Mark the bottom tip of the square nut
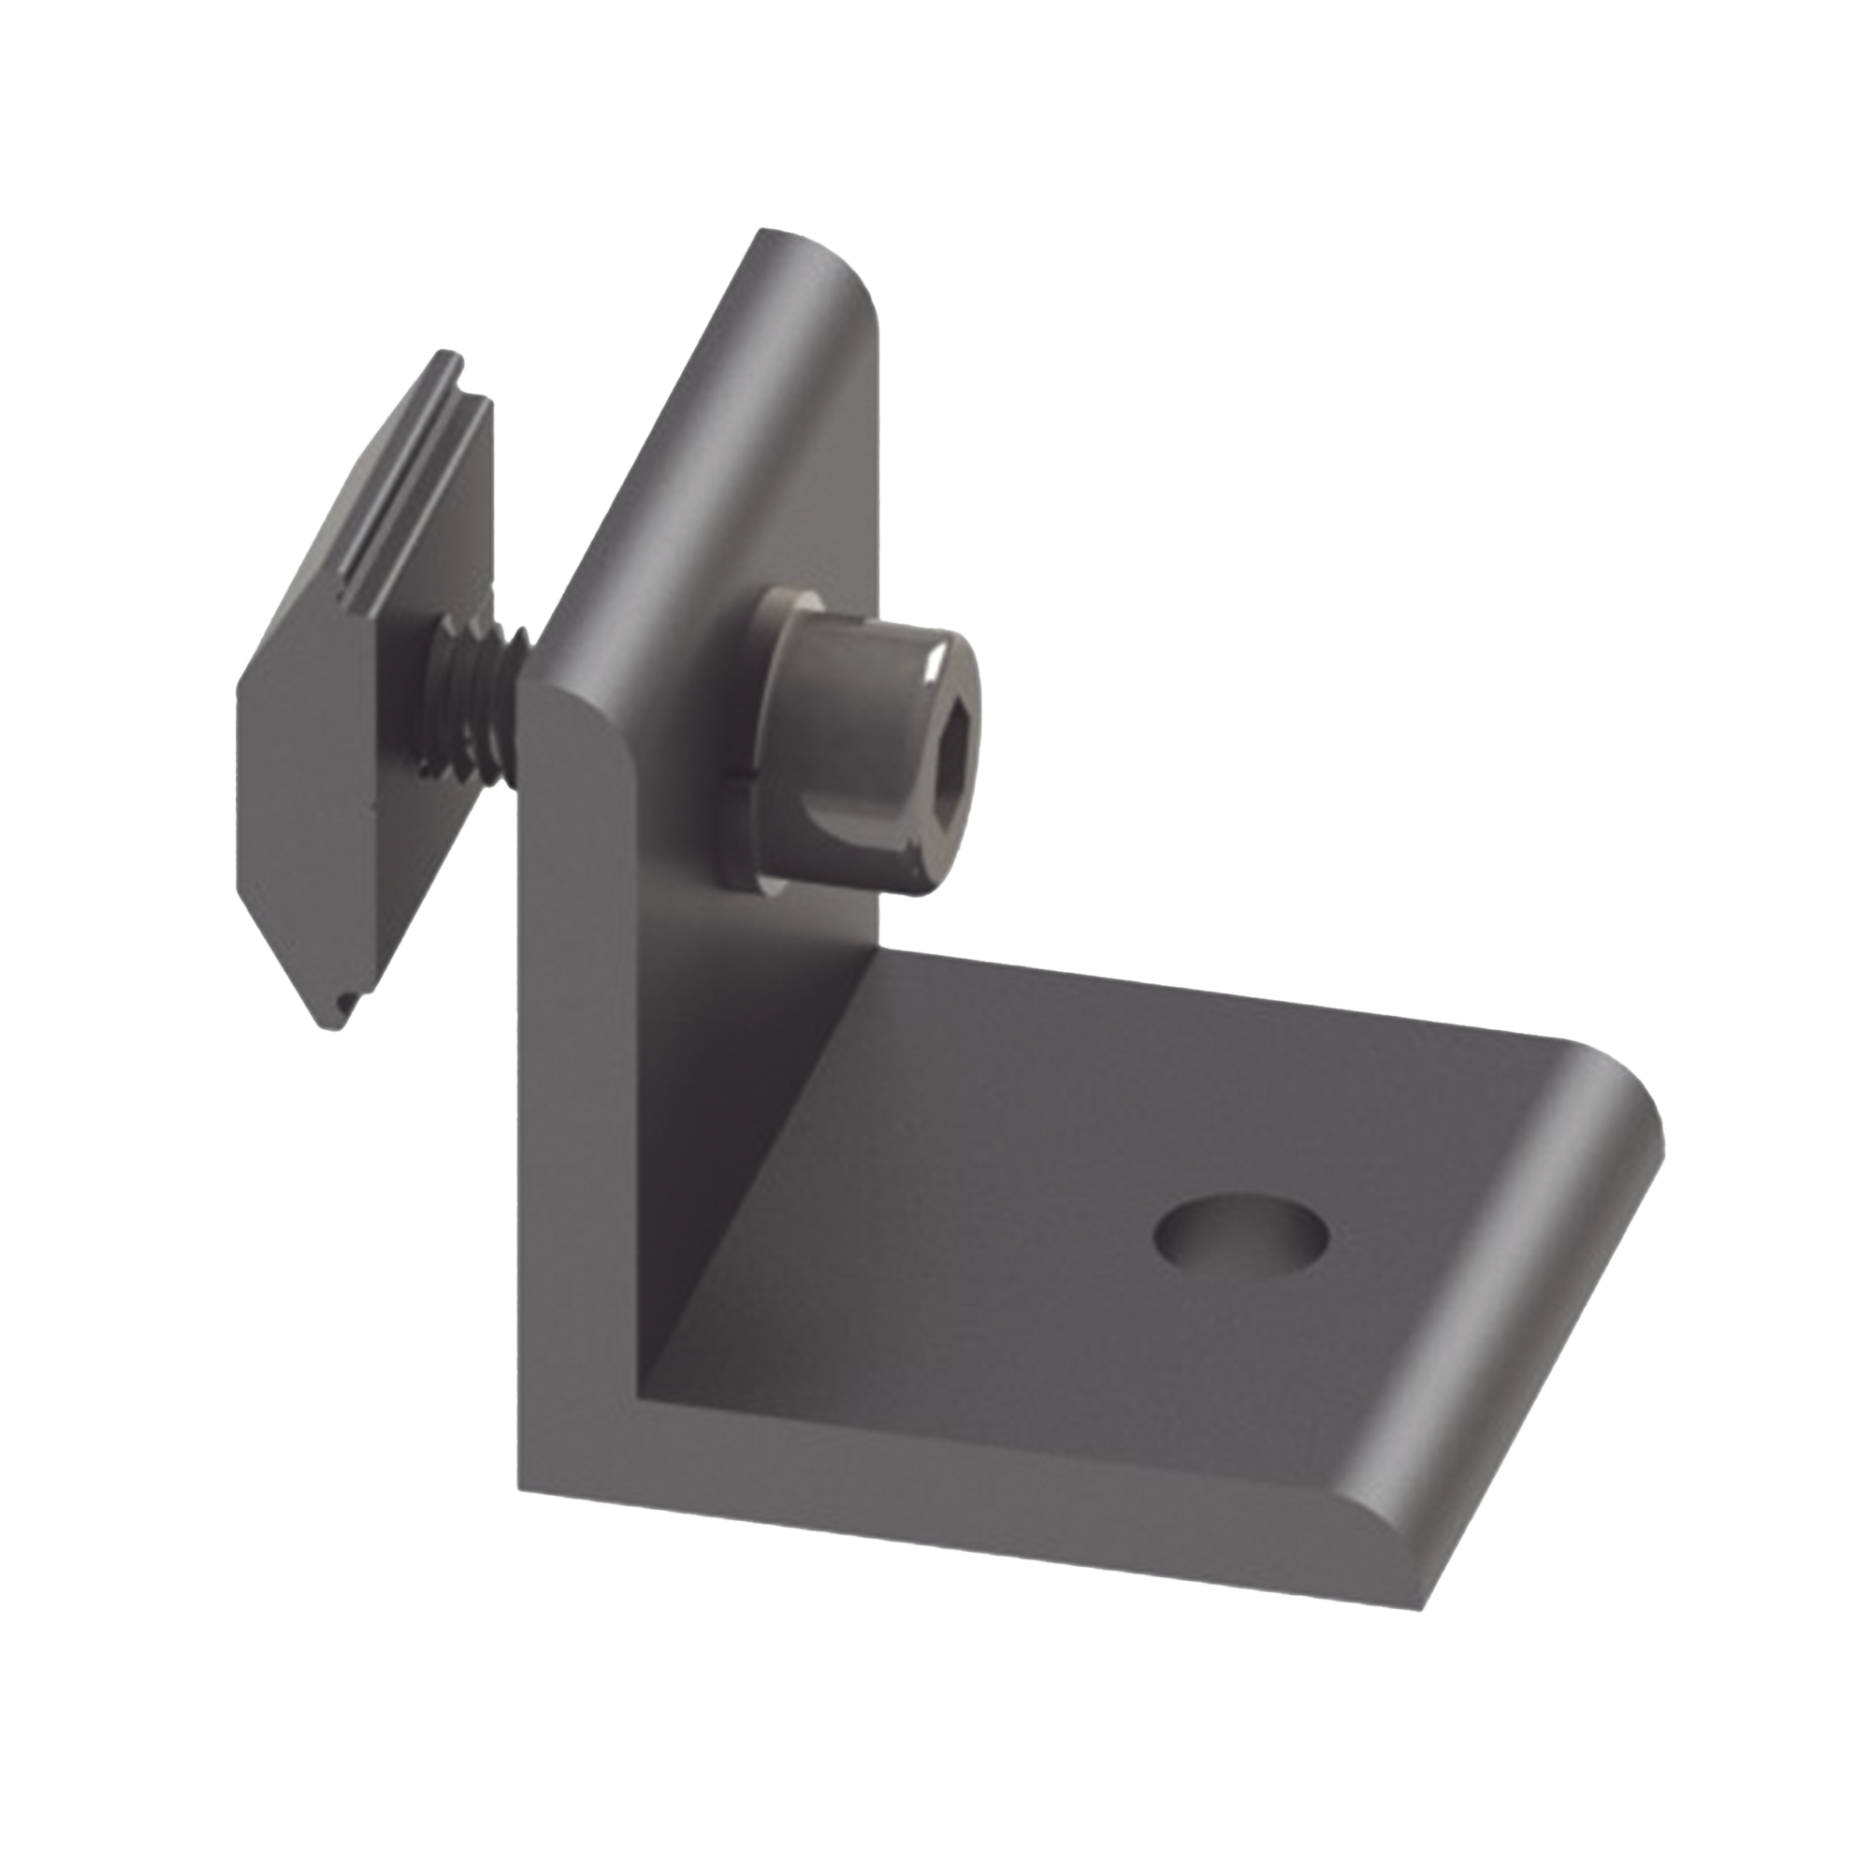coord(341,1026)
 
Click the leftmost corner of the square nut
coord(240,683)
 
